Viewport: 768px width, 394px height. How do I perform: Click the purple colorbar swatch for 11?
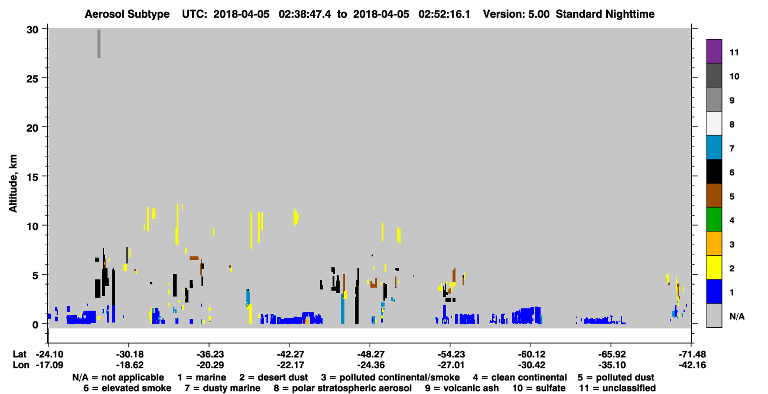714,51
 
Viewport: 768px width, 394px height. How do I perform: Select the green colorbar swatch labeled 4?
714,220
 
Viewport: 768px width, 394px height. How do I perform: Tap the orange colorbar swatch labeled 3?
714,243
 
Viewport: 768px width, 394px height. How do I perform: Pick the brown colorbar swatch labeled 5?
714,196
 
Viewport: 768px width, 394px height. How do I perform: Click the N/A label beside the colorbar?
737,316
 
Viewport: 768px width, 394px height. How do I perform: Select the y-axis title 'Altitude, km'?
13,184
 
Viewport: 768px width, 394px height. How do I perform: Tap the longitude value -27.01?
451,365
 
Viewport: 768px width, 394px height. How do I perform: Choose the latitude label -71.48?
692,354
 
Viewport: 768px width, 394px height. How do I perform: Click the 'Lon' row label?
21,365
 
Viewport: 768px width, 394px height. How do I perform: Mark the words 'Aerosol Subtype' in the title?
127,14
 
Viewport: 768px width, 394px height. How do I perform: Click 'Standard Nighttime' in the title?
605,14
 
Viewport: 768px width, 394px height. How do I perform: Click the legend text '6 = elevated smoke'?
127,388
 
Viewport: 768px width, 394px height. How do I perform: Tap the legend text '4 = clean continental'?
520,377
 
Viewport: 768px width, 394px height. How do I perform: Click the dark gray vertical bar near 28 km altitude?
99,44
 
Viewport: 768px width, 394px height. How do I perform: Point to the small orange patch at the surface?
307,321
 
